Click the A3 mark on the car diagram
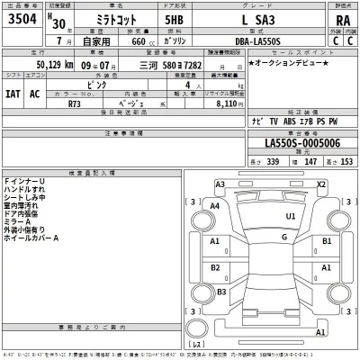click(x=220, y=184)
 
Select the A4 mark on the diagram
click(x=214, y=206)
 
